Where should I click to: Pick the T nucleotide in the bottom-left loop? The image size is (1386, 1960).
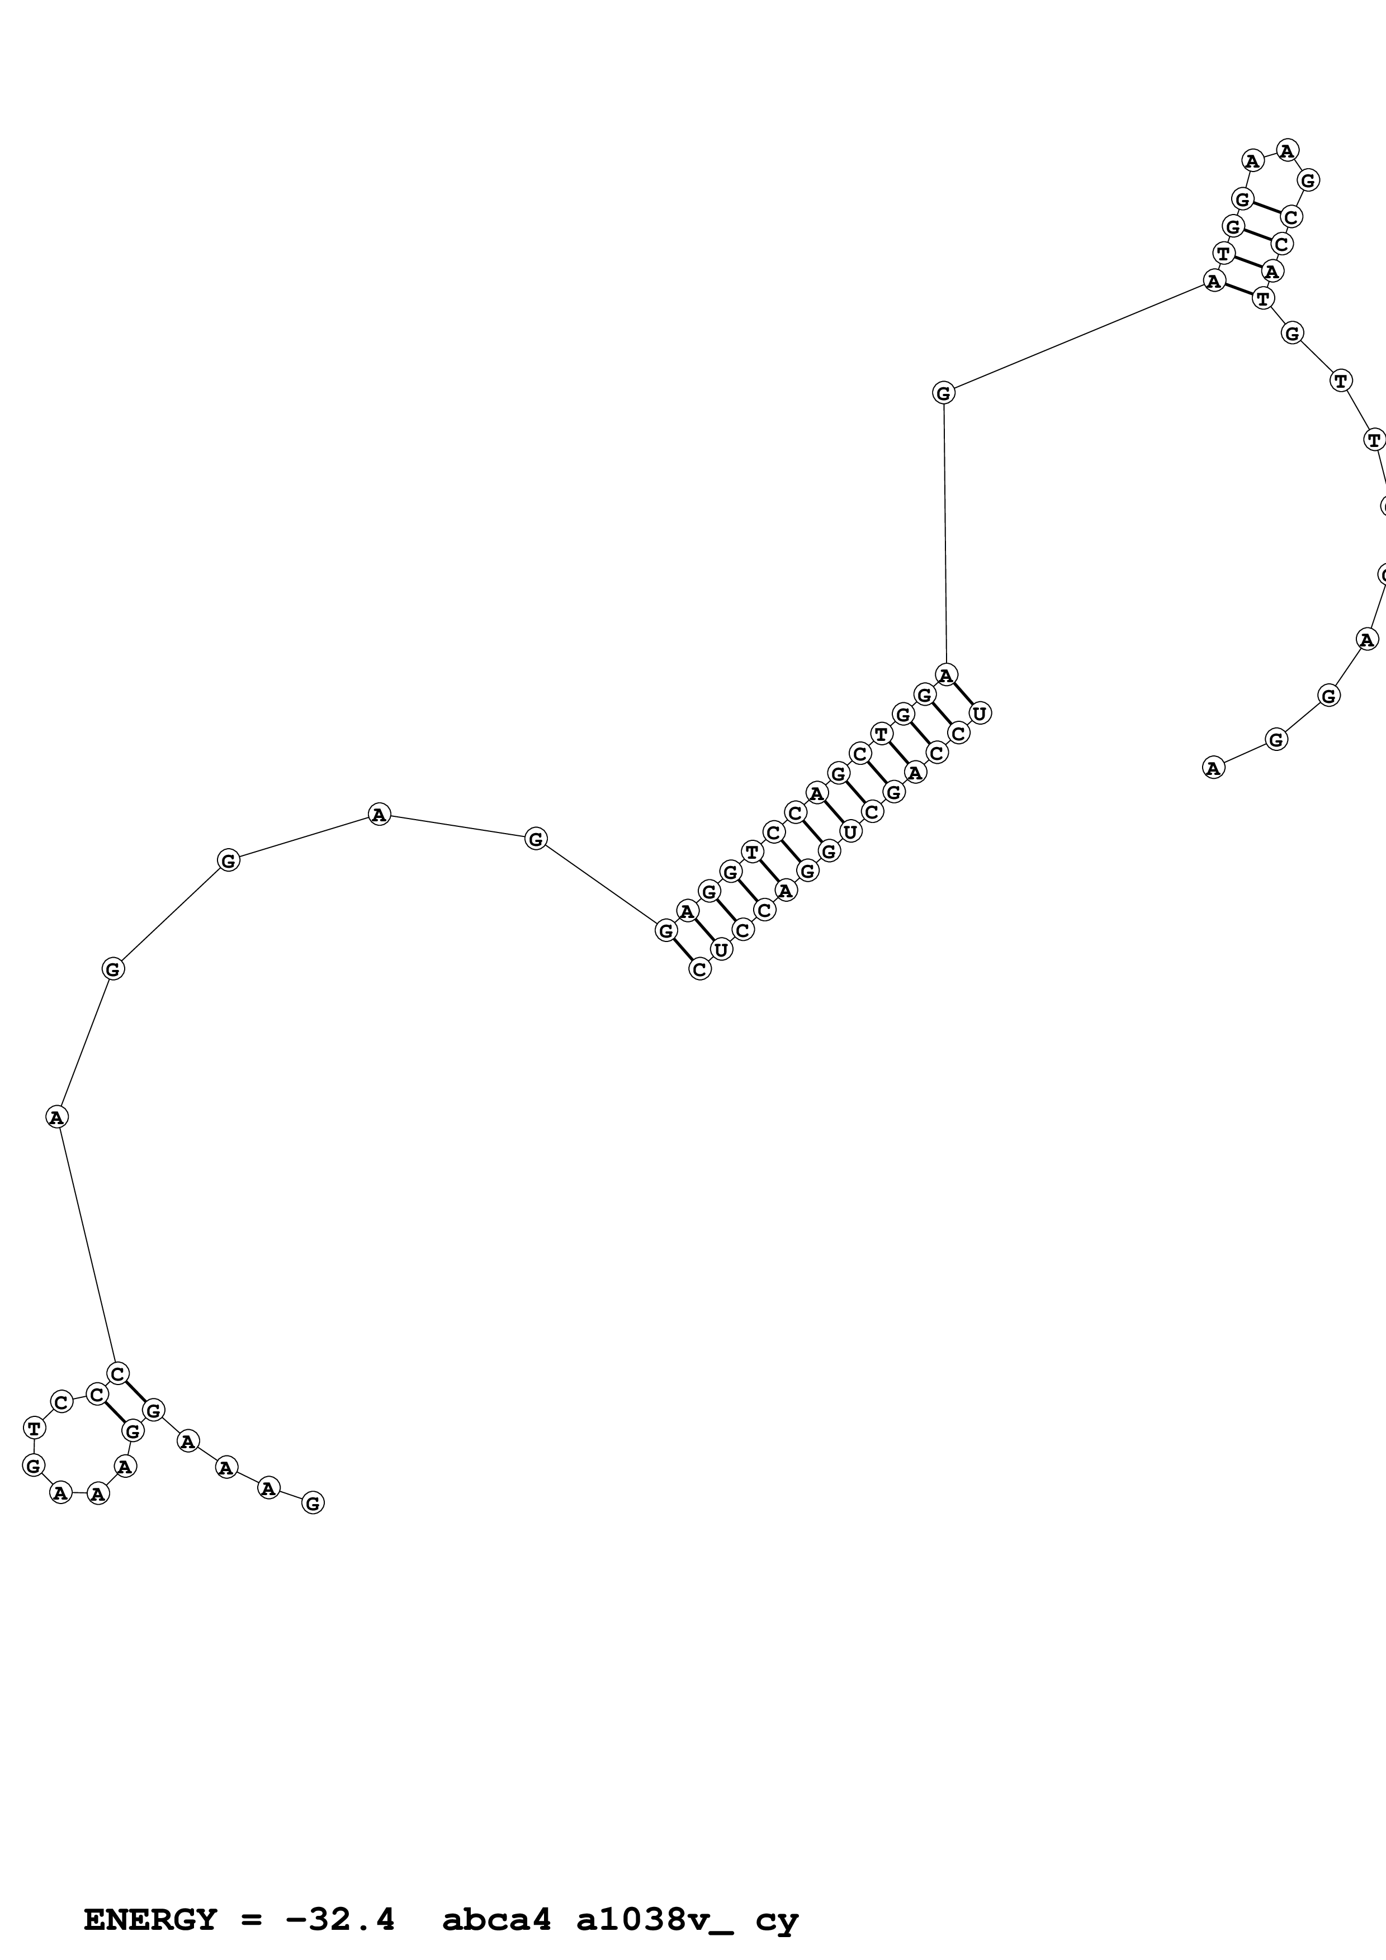click(x=34, y=1428)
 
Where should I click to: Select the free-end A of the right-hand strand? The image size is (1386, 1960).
click(x=1213, y=768)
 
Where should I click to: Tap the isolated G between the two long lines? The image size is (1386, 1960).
click(x=943, y=393)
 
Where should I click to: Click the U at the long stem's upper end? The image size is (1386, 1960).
click(x=980, y=713)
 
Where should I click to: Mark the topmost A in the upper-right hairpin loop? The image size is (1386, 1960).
click(x=1287, y=151)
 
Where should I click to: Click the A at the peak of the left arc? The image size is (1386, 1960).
click(x=379, y=815)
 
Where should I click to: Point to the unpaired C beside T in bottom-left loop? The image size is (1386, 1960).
click(x=60, y=1402)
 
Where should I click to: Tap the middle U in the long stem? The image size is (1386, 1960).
click(x=850, y=831)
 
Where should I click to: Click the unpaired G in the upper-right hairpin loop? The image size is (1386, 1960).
click(x=1307, y=180)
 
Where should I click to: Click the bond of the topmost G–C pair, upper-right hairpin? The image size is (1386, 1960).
click(x=1266, y=208)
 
